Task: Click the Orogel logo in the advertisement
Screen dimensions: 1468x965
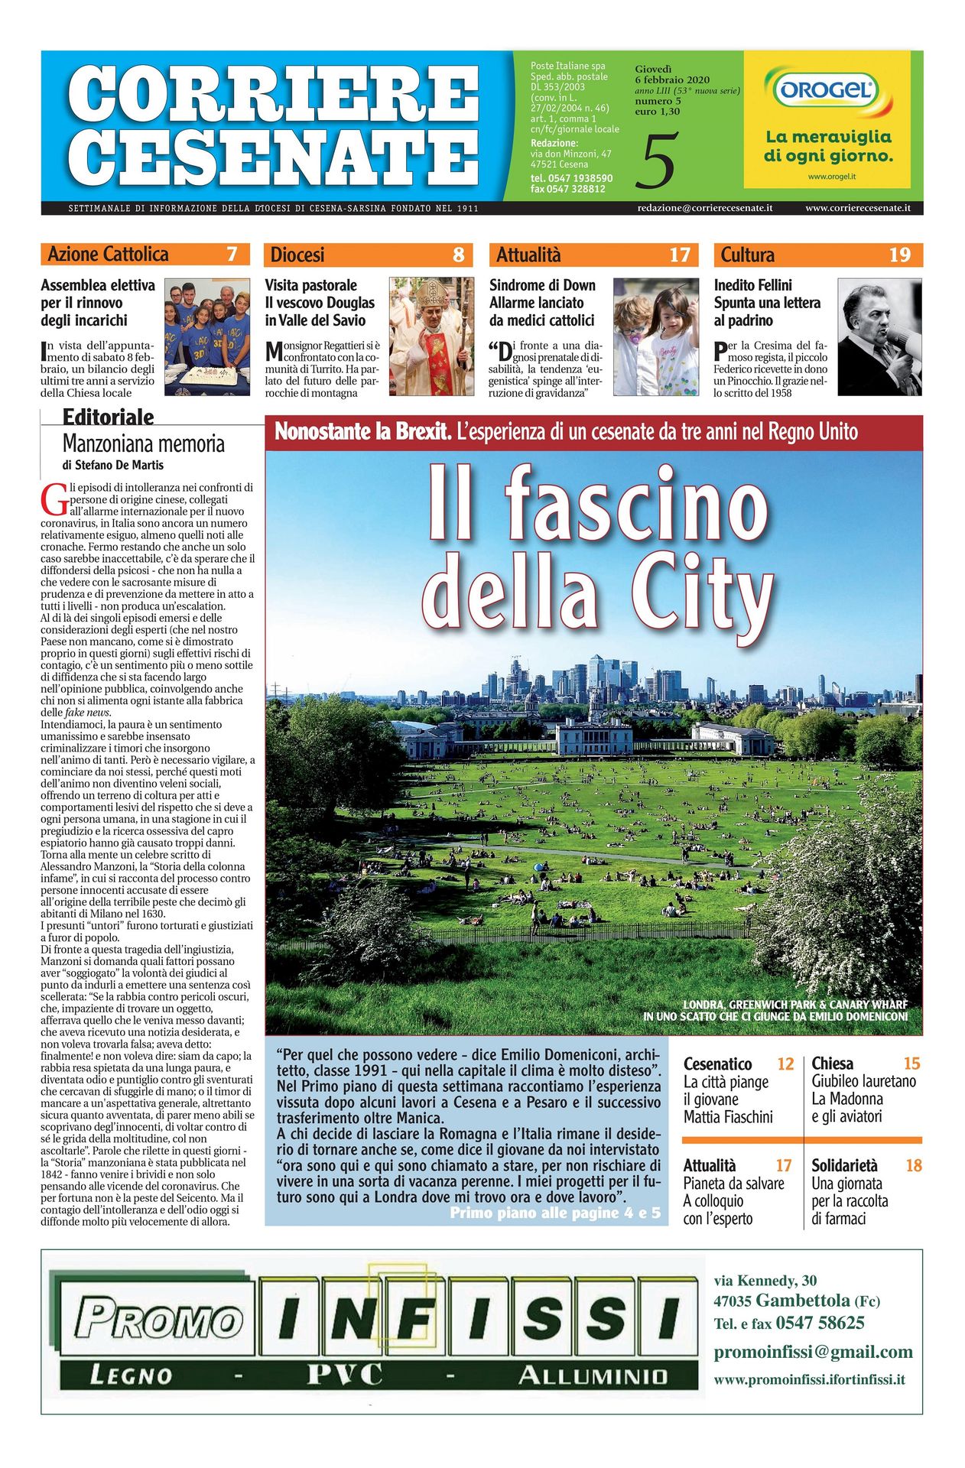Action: click(827, 90)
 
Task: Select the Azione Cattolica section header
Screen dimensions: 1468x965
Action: click(108, 255)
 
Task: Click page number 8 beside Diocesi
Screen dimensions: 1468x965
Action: click(458, 255)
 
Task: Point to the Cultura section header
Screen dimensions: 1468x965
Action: click(747, 255)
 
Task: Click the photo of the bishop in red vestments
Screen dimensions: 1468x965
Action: click(431, 336)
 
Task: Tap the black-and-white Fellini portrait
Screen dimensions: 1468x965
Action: click(879, 336)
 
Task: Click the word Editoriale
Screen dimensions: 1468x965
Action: click(108, 417)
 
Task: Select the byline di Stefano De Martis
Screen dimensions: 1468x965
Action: click(112, 465)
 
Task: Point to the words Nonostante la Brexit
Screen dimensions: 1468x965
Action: click(362, 432)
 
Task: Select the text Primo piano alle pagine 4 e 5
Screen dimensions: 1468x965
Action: click(554, 1213)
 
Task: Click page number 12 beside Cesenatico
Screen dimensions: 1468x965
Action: click(785, 1064)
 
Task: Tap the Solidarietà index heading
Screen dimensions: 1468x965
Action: click(844, 1165)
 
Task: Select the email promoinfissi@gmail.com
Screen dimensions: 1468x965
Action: click(813, 1352)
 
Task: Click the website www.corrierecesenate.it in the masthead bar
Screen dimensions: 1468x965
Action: click(857, 208)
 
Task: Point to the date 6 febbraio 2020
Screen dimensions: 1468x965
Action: click(672, 80)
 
